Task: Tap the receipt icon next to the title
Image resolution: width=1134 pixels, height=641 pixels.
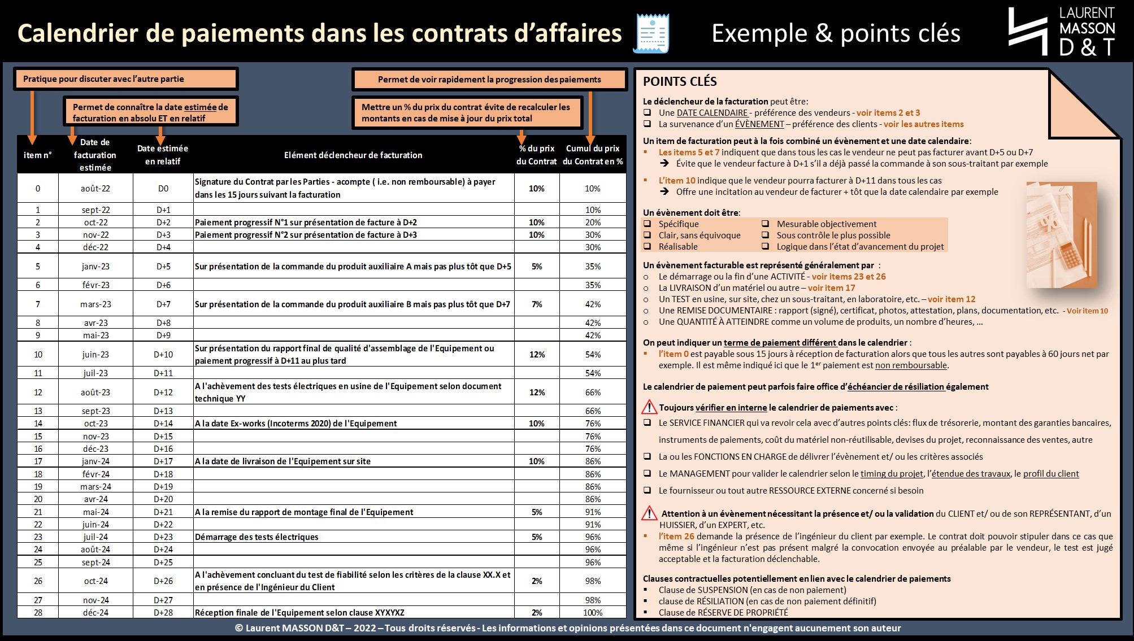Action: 651,33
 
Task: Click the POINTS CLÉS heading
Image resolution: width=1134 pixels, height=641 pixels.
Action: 680,81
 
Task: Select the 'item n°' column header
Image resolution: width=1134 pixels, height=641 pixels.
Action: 38,155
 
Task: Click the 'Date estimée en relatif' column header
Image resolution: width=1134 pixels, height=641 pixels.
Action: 163,155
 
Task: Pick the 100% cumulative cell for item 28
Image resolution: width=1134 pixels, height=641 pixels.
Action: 593,612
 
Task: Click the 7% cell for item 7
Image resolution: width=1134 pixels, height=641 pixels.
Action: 537,304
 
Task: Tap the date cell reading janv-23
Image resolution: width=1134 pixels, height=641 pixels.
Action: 95,266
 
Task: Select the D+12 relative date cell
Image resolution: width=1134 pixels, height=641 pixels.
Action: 163,392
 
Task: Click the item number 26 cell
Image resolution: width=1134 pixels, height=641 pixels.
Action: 38,581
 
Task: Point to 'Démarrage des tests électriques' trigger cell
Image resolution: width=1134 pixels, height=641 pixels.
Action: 257,537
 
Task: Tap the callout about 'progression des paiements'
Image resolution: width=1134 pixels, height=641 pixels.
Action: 489,80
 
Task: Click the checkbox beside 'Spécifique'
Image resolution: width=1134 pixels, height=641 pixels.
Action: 648,224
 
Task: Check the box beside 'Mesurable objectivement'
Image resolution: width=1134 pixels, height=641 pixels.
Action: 766,224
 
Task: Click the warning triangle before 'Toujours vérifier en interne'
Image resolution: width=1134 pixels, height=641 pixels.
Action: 649,407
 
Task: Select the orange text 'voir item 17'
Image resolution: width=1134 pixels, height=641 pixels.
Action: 831,287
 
